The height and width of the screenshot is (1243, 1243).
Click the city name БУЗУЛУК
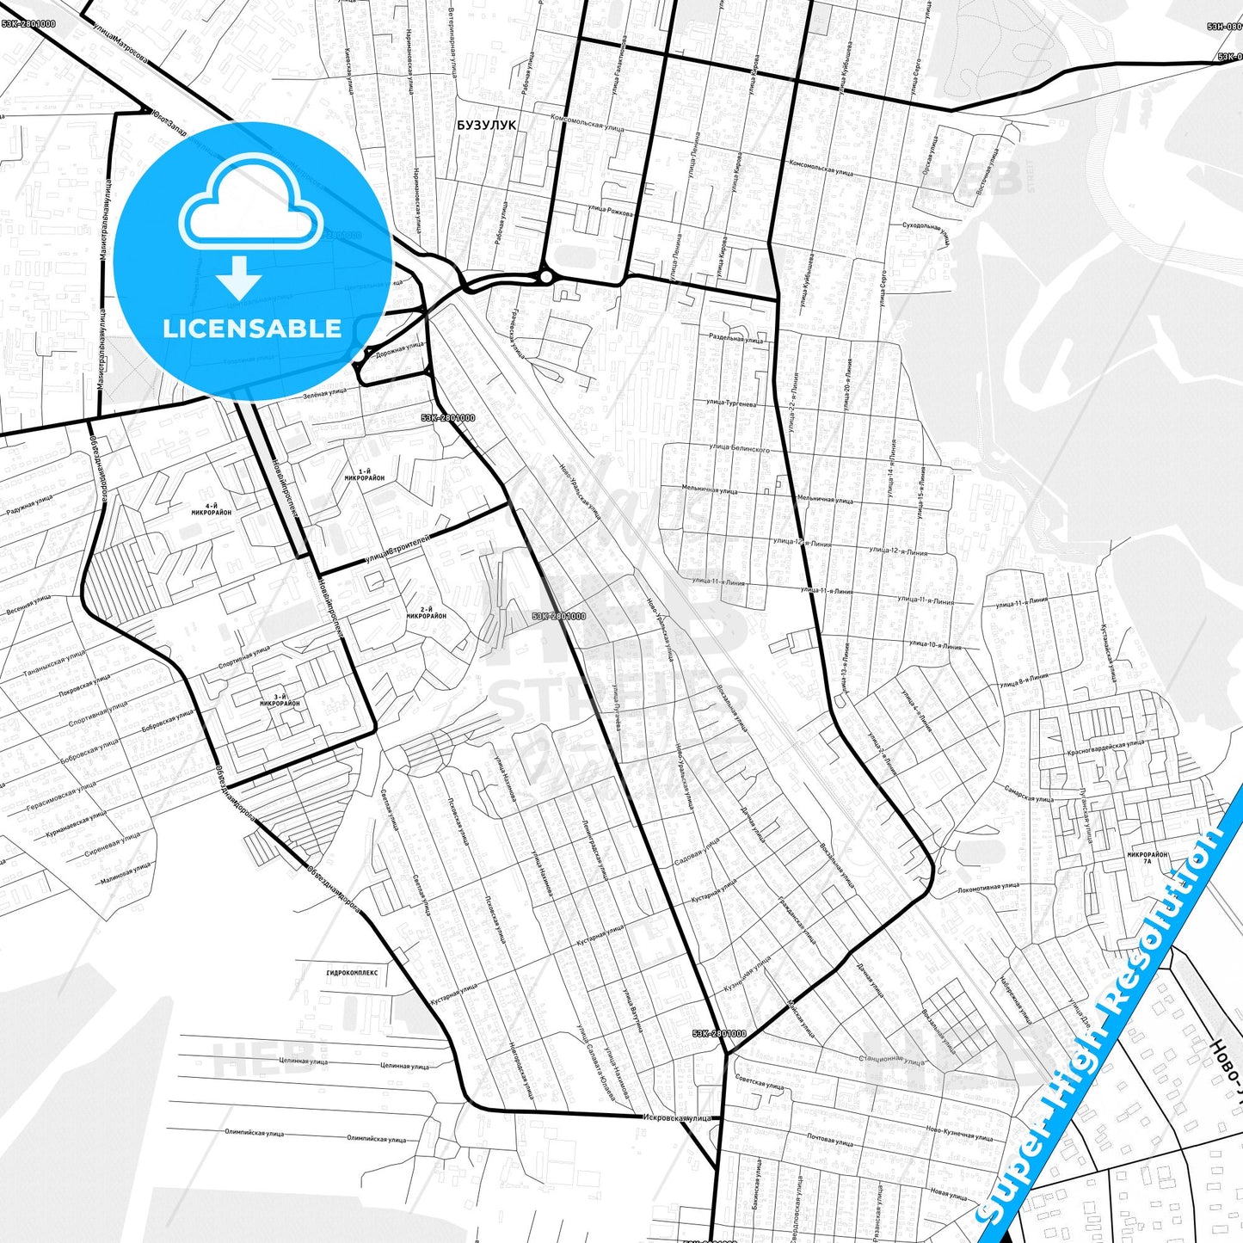(487, 125)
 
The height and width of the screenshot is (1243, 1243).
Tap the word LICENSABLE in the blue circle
(252, 329)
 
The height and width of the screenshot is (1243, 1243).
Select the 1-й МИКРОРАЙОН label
(365, 474)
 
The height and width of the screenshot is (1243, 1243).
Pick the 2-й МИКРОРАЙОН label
(427, 612)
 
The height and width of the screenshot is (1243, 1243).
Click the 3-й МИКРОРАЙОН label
(280, 700)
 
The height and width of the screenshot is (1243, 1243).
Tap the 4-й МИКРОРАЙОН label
(212, 508)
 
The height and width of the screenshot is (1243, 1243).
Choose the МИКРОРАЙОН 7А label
(1148, 858)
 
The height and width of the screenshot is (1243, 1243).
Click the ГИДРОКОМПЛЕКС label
(352, 972)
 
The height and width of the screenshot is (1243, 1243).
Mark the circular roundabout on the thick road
(545, 277)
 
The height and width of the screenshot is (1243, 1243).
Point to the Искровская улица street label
(678, 1117)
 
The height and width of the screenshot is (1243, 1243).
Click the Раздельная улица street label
(735, 339)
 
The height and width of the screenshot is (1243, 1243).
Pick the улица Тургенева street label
(731, 403)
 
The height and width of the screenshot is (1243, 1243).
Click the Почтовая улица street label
(830, 1141)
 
